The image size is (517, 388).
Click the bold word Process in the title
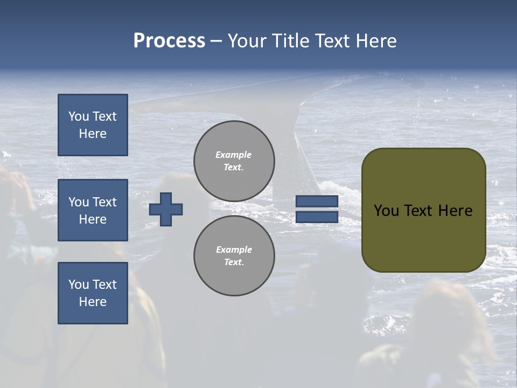(169, 41)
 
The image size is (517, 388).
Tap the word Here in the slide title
(375, 41)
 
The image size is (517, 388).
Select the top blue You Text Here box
(93, 125)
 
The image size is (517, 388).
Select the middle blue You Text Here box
(93, 210)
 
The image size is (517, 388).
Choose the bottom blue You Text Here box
(93, 293)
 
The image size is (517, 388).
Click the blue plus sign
(166, 209)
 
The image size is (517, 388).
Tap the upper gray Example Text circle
(234, 161)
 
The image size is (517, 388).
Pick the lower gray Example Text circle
(234, 256)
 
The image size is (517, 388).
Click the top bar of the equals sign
(317, 202)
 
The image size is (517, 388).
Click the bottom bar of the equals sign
(317, 217)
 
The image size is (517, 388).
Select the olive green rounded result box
(423, 237)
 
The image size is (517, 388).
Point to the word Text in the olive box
(421, 211)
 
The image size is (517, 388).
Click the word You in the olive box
(386, 211)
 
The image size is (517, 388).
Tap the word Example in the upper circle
(233, 155)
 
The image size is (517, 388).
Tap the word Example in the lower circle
(234, 250)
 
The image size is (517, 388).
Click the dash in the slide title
(216, 41)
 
